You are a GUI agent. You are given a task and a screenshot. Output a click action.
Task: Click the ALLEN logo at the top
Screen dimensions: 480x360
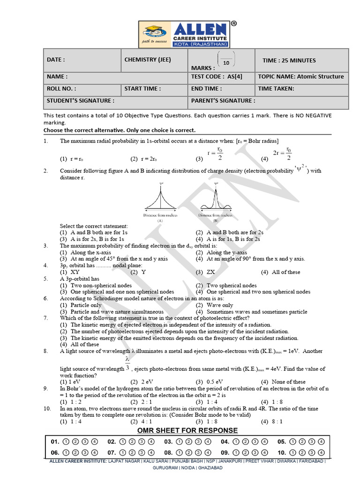[186, 33]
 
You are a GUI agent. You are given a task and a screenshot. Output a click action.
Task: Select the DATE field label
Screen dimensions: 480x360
[56, 60]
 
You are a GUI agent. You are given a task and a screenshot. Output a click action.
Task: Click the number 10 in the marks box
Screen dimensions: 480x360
[226, 63]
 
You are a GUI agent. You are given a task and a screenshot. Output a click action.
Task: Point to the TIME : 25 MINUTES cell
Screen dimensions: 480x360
[289, 60]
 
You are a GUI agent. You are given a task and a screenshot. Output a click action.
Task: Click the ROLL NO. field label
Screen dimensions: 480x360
[61, 88]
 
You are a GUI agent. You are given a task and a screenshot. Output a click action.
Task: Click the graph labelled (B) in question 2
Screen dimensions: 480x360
[216, 199]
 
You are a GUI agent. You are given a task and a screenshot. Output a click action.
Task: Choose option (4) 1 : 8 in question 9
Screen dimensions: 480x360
[271, 402]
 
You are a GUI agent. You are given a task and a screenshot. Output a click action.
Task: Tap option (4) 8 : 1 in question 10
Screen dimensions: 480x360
[271, 421]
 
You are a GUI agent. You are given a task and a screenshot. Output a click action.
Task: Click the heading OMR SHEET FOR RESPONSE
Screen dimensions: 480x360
[187, 430]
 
